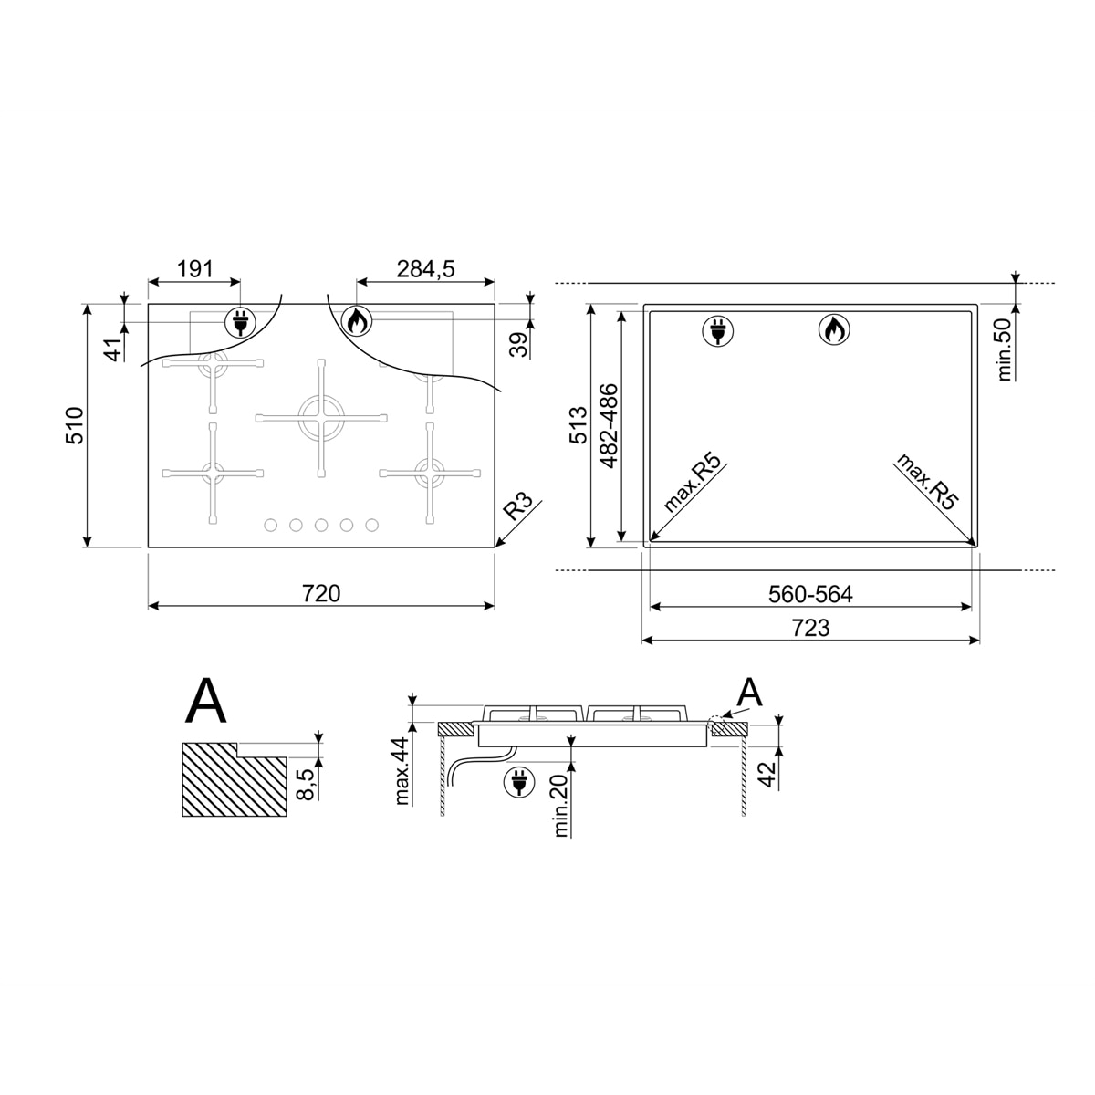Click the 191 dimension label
tap(195, 269)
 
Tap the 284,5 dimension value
tap(425, 269)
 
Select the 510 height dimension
tap(75, 425)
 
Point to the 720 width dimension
tap(321, 593)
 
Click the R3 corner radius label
tap(517, 506)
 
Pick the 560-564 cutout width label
tap(810, 594)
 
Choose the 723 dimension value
tap(810, 628)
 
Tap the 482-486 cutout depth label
tap(609, 425)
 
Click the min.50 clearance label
tap(1004, 349)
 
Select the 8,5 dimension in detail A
tap(306, 784)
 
